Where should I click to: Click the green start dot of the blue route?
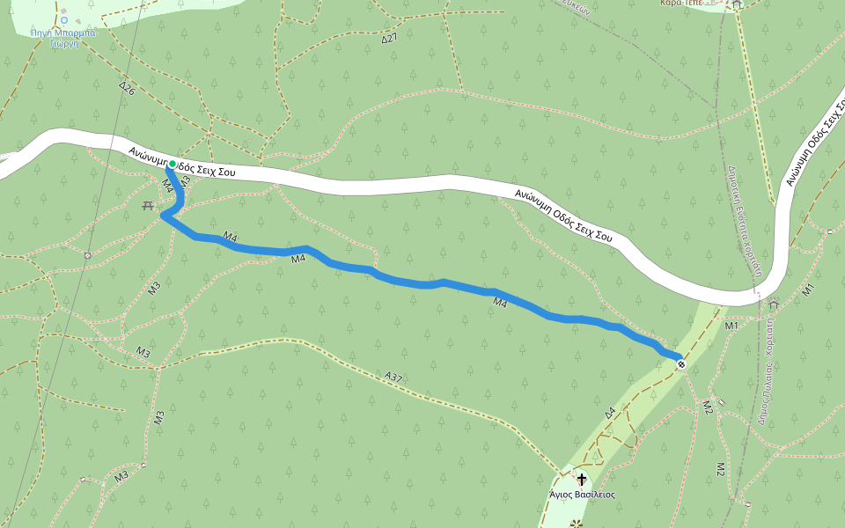coord(171,164)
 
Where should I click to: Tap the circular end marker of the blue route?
coord(681,364)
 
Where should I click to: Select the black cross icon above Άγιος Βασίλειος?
coord(581,480)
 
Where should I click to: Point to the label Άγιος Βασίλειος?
coord(582,495)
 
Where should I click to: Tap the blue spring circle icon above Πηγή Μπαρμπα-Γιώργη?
coord(63,19)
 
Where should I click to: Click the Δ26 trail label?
coord(127,88)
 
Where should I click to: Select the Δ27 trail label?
coord(390,39)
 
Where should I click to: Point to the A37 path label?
coord(393,377)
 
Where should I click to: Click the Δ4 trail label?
coord(609,412)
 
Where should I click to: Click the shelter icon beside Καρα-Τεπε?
coord(737,4)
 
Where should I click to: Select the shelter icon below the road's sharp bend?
coord(774,304)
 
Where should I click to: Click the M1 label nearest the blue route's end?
coord(731,326)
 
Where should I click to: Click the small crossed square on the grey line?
coord(87,255)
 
